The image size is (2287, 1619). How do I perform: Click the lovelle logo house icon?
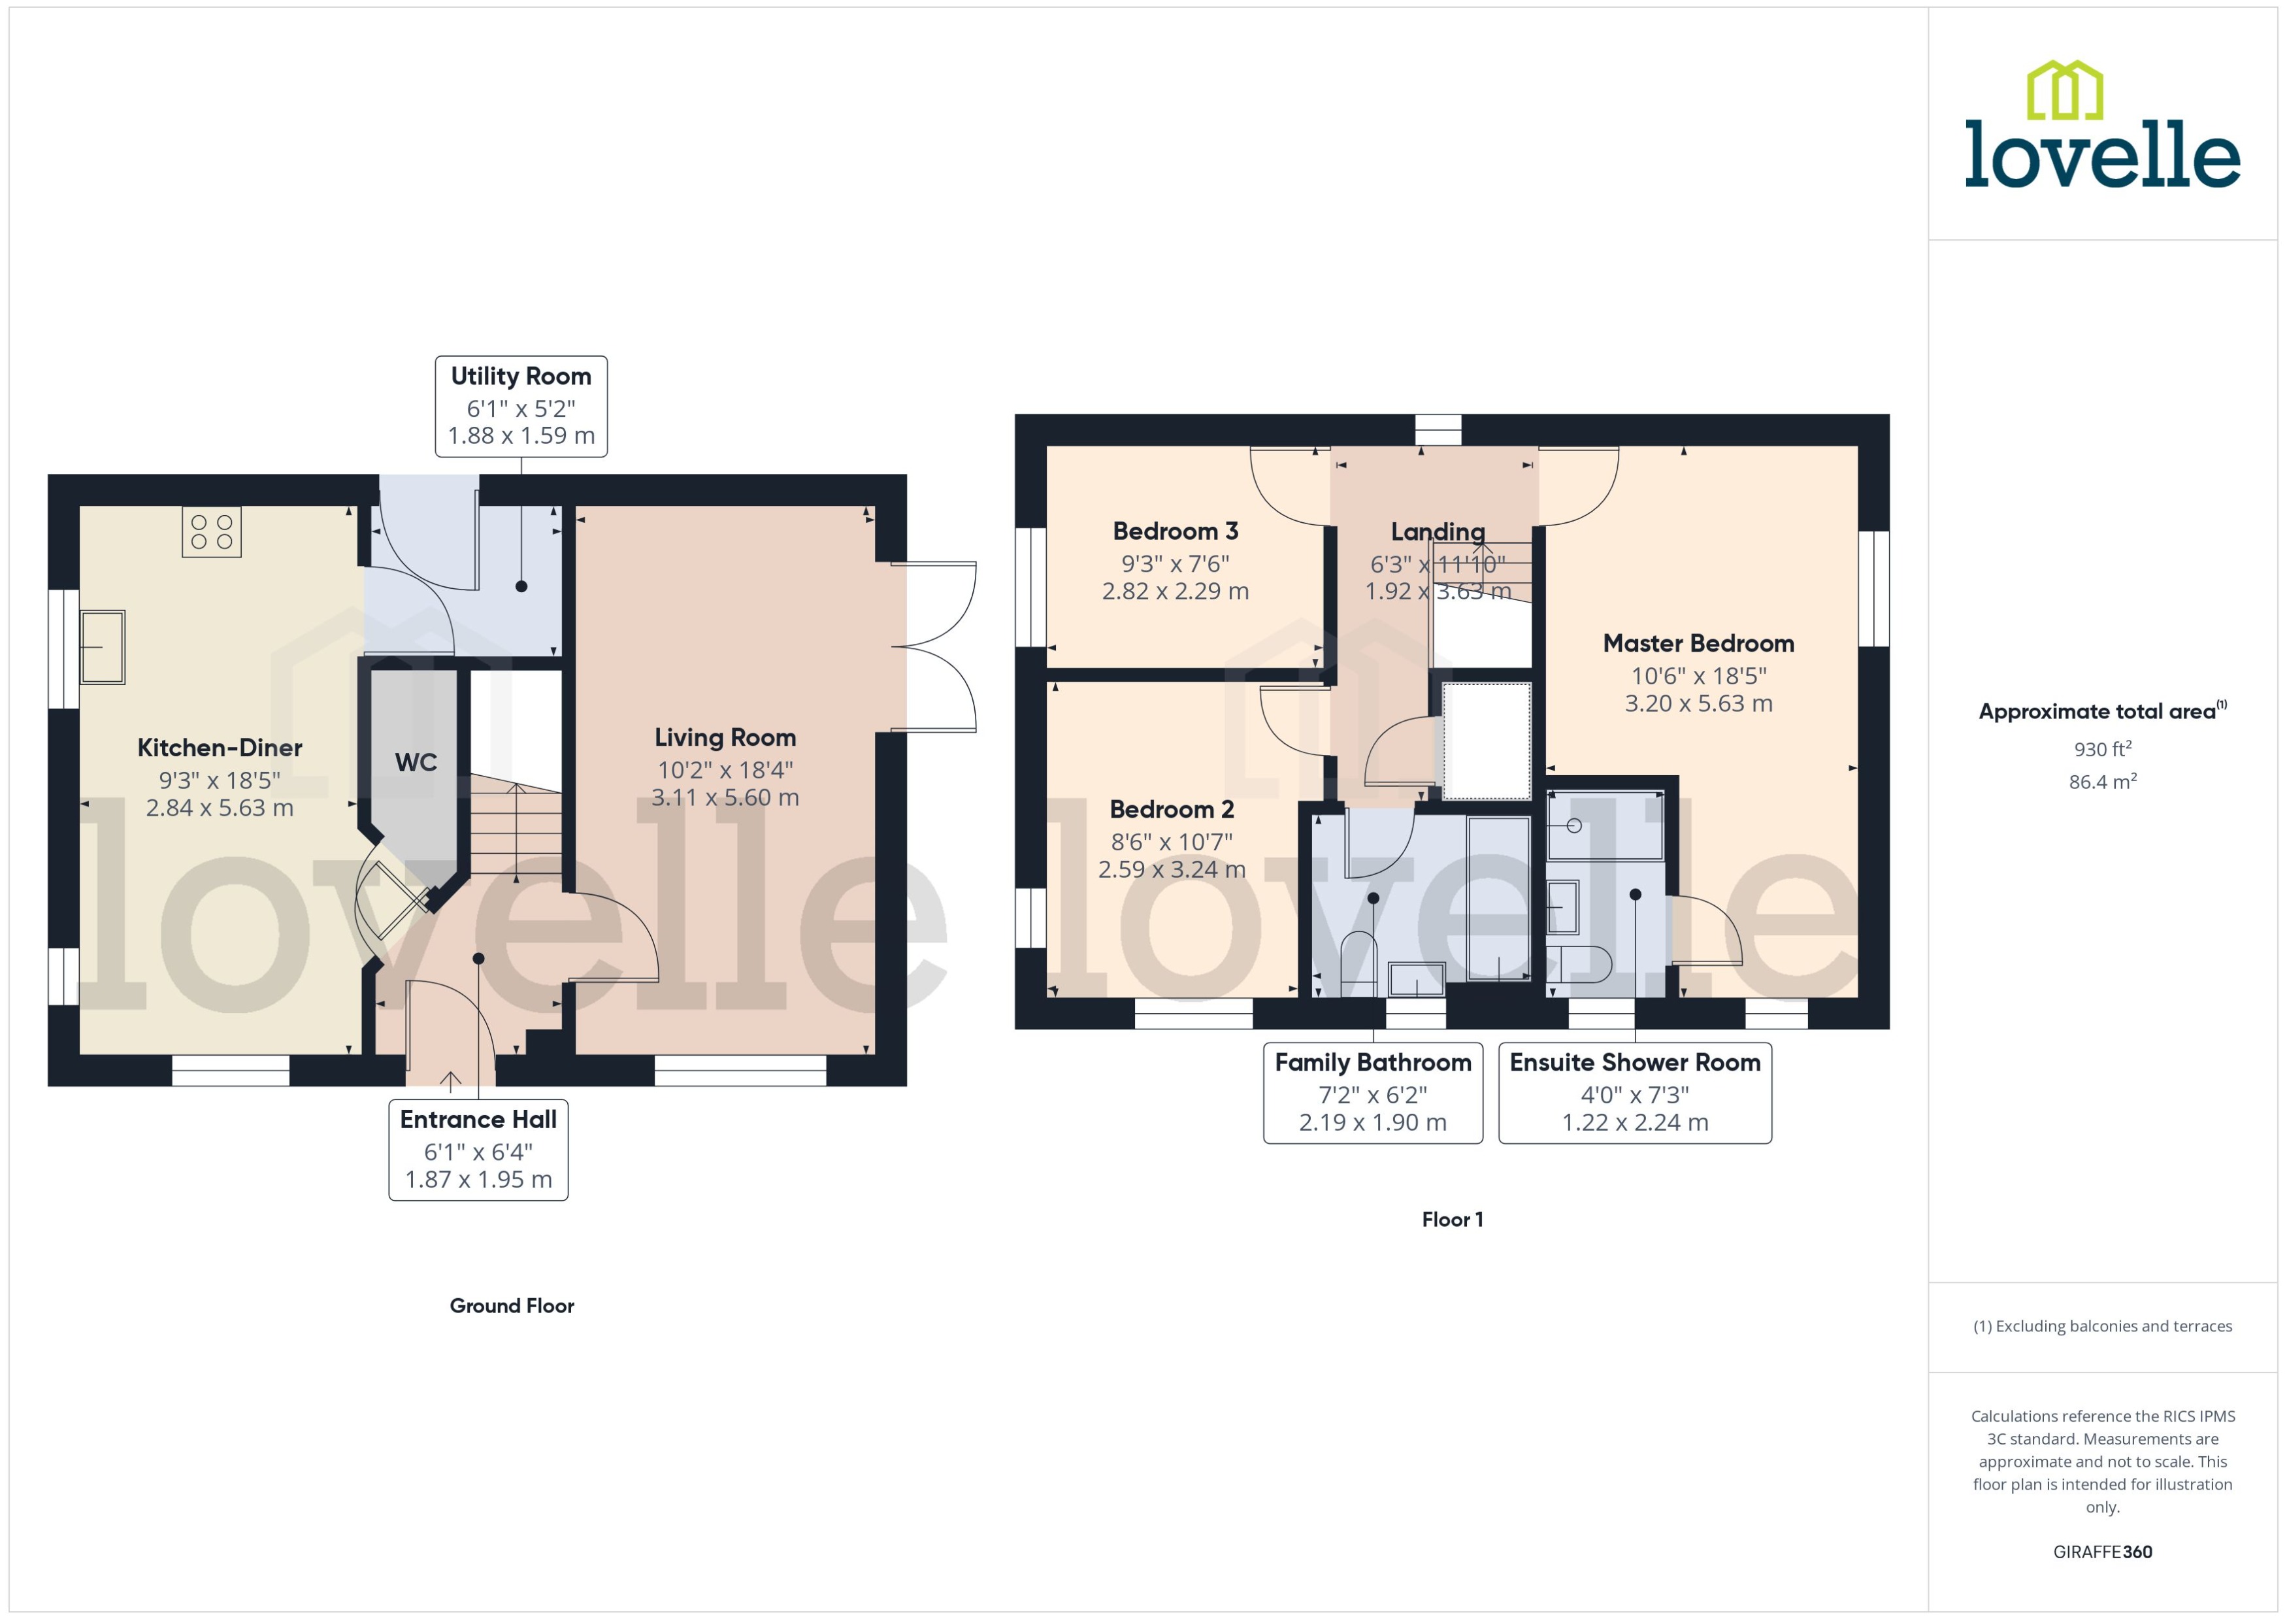pos(2065,91)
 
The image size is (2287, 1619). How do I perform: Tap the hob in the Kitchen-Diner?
pos(211,531)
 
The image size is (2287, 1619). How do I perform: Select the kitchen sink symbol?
pos(102,647)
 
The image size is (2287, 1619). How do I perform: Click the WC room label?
pos(416,763)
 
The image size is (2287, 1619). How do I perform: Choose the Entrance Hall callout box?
pos(478,1150)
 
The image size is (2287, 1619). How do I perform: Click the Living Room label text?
pos(725,738)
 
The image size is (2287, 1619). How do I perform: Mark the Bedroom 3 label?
pos(1175,531)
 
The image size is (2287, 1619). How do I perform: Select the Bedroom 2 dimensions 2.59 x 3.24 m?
pos(1171,869)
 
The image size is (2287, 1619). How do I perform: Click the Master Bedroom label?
pos(1698,644)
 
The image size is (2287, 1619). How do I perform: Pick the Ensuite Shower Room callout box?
pos(1634,1093)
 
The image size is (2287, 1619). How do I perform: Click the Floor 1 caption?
pos(1452,1219)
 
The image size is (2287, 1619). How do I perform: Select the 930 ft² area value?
pos(2101,748)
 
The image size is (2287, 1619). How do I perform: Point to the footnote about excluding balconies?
pos(2101,1326)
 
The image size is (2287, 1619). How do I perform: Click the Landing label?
pos(1437,532)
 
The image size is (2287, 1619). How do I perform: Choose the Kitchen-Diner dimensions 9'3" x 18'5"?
pos(220,780)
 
